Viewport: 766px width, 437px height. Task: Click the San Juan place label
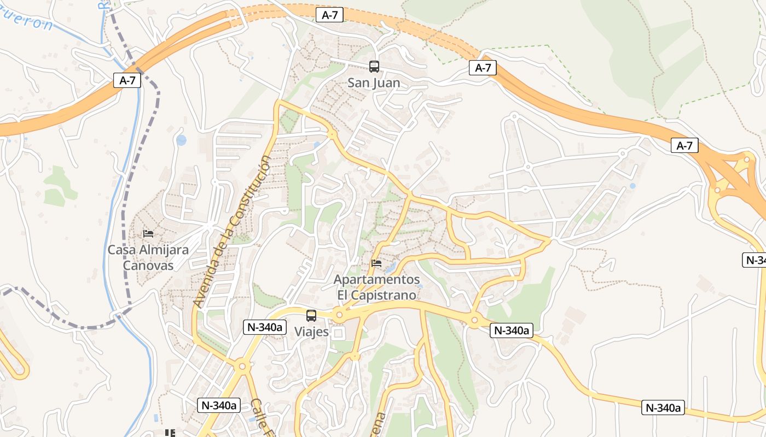tap(374, 83)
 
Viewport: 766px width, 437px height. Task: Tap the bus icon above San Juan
tap(374, 67)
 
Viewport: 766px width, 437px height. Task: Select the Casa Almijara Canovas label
tap(148, 258)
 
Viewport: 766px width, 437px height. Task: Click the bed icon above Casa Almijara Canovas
tap(148, 234)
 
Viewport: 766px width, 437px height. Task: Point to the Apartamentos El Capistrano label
tap(376, 287)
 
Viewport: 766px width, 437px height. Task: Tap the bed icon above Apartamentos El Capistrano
tap(376, 263)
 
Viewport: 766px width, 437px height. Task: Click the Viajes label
tap(311, 332)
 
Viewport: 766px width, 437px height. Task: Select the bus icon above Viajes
tap(311, 316)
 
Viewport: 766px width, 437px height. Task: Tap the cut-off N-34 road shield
tap(755, 260)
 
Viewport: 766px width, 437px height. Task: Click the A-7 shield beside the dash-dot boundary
tap(127, 80)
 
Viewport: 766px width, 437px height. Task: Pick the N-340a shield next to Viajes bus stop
tap(265, 327)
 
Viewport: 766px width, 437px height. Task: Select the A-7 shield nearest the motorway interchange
tap(684, 146)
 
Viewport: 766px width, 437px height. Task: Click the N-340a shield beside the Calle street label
tap(219, 405)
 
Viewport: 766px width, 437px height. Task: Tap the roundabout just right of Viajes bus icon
tap(339, 315)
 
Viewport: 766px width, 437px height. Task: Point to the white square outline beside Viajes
tap(339, 333)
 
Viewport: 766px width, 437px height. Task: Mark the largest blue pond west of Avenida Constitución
tap(181, 140)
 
